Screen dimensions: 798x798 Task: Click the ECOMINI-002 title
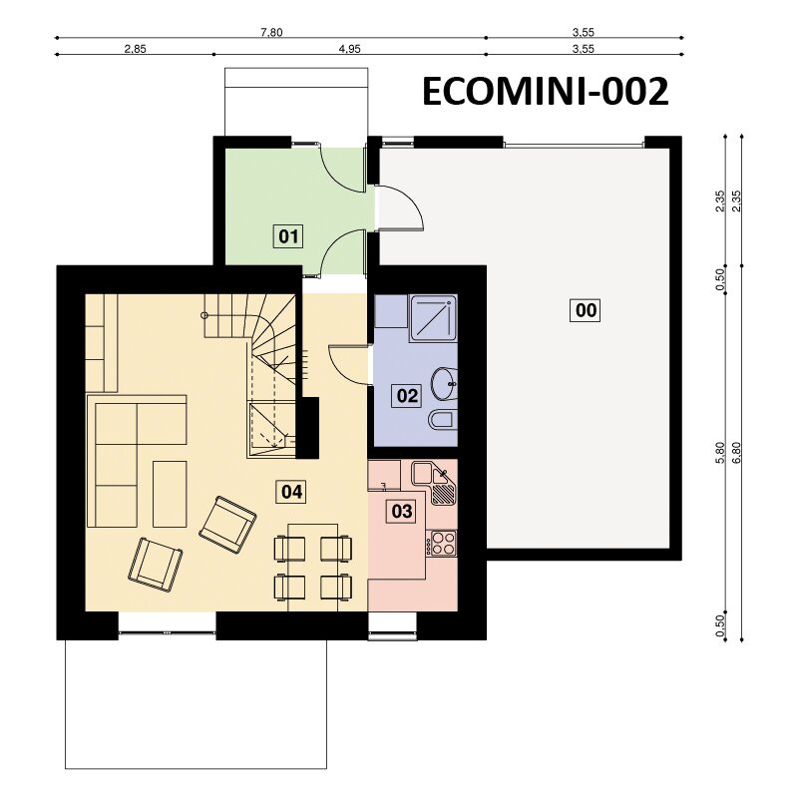[x=545, y=92]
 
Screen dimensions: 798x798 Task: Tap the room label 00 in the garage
[x=586, y=310]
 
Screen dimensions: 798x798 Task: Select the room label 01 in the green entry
[x=288, y=236]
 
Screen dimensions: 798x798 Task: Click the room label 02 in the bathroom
[x=407, y=395]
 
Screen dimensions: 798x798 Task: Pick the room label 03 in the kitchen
[x=402, y=511]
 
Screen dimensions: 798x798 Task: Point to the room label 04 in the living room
[x=291, y=492]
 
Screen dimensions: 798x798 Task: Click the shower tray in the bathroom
[x=433, y=319]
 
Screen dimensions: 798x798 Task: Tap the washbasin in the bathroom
[x=444, y=383]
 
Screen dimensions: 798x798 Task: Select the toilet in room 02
[x=443, y=421]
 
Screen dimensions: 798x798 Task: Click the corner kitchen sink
[x=434, y=482]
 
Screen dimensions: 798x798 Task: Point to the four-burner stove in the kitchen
[x=441, y=543]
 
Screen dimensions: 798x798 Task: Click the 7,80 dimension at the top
[x=271, y=33]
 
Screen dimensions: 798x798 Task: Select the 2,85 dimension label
[x=135, y=49]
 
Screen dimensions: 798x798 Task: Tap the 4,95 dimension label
[x=350, y=49]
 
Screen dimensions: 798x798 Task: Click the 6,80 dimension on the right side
[x=736, y=452]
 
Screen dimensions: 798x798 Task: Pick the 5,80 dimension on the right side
[x=719, y=452]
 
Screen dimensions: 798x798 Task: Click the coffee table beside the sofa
[x=170, y=494]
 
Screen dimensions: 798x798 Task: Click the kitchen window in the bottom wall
[x=392, y=633]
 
